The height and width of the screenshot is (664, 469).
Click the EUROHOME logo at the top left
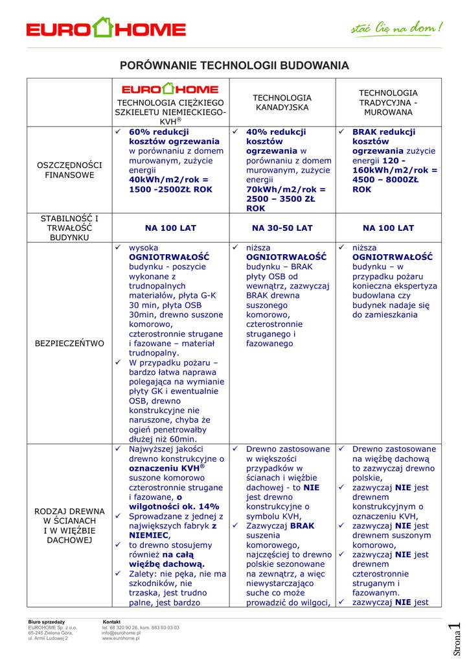tap(106, 29)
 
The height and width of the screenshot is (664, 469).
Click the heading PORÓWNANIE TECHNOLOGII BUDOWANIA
tap(234, 65)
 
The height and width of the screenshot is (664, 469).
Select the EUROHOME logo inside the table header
tap(170, 89)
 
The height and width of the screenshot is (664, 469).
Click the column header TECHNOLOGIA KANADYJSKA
tap(282, 102)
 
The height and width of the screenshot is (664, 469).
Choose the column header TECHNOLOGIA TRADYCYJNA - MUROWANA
tap(388, 102)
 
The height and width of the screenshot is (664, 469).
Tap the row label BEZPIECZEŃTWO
tap(70, 343)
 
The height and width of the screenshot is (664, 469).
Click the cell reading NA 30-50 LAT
tap(282, 228)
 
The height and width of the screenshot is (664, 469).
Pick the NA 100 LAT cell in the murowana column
tap(388, 228)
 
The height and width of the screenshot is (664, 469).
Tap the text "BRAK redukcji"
tap(383, 132)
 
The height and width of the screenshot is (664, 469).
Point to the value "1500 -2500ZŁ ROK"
tap(170, 189)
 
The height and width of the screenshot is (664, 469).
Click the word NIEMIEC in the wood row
tap(149, 536)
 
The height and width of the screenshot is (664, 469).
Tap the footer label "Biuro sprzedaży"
tap(47, 622)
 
